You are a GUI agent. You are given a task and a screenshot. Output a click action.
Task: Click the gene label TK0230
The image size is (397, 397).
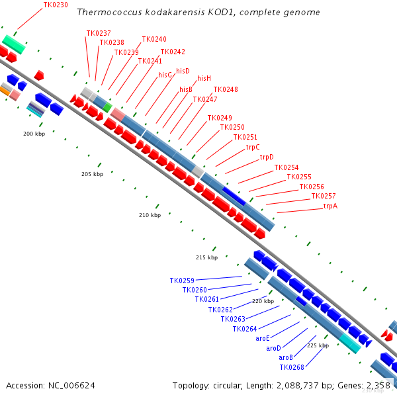point(56,5)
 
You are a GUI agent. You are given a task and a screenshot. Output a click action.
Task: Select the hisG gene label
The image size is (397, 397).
point(165,75)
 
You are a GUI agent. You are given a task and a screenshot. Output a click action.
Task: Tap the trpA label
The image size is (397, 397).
point(330,206)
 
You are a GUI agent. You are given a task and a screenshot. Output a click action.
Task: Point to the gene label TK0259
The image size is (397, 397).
point(182,281)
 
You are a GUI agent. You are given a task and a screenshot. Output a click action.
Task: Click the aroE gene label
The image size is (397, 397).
point(263,338)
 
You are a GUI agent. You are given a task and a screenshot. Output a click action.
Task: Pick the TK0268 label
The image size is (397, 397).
point(292,367)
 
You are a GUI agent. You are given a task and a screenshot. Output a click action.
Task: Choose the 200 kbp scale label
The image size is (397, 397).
point(34,134)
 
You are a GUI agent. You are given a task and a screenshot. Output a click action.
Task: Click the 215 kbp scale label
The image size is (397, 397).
point(206,257)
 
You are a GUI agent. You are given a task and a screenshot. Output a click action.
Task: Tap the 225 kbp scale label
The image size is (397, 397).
point(318,345)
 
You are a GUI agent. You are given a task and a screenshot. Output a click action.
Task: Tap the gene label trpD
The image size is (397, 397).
point(267,157)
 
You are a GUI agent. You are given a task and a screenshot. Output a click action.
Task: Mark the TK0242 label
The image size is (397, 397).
point(173,52)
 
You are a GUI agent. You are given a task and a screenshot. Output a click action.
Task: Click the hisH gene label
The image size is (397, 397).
point(204,78)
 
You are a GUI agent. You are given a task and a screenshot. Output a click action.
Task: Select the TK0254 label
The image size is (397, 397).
point(287,167)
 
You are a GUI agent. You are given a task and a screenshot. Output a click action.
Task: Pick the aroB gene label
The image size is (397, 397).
point(286,357)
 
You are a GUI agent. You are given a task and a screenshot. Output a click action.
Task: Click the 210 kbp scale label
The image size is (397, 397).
point(150,215)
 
